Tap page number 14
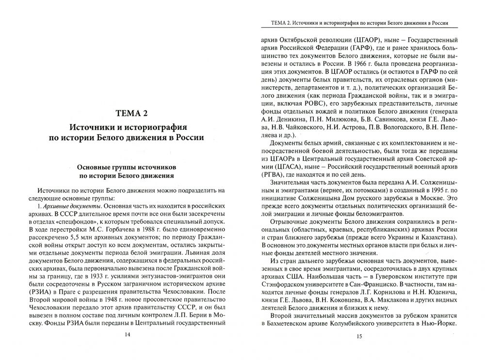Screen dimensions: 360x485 pyautogui.click(x=127, y=334)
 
